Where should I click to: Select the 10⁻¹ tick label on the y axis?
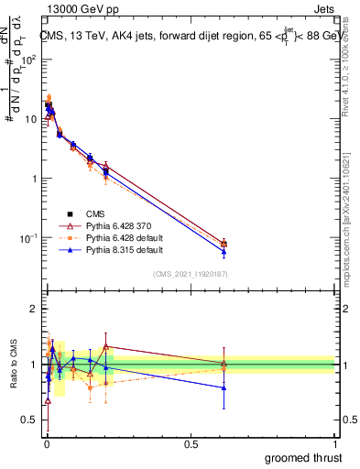tap(27, 238)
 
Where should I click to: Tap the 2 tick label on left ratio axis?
tap(33, 309)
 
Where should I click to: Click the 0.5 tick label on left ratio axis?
tap(29, 420)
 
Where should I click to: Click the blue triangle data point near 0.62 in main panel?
tap(224, 251)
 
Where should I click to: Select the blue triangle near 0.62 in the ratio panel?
tap(224, 387)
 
